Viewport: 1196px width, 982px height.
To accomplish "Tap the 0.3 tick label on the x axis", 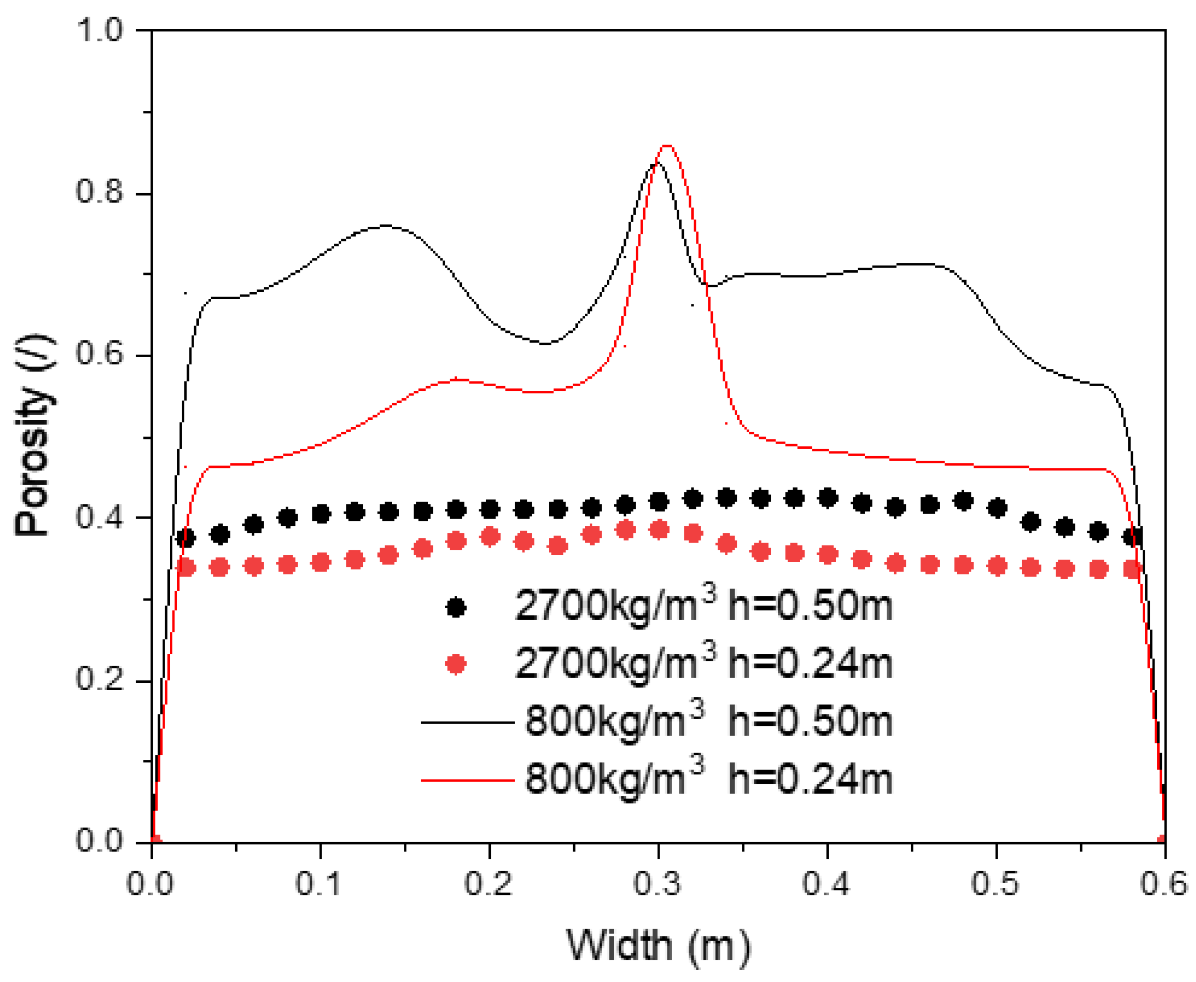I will pyautogui.click(x=658, y=883).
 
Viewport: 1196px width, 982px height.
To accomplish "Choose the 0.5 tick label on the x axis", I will pyautogui.click(x=995, y=883).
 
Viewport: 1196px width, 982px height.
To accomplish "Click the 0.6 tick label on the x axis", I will pyautogui.click(x=1163, y=883).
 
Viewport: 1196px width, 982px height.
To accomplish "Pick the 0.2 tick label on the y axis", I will pyautogui.click(x=99, y=678).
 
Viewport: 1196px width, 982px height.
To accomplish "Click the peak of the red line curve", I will pyautogui.click(x=667, y=146).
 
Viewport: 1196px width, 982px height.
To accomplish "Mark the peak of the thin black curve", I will pyautogui.click(x=655, y=163).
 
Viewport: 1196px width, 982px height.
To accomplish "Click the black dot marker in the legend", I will pyautogui.click(x=456, y=608).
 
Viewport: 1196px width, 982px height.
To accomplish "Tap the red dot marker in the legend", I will pyautogui.click(x=456, y=664).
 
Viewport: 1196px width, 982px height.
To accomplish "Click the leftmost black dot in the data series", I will pyautogui.click(x=185, y=537).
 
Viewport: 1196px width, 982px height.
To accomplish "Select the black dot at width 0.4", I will pyautogui.click(x=828, y=498).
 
